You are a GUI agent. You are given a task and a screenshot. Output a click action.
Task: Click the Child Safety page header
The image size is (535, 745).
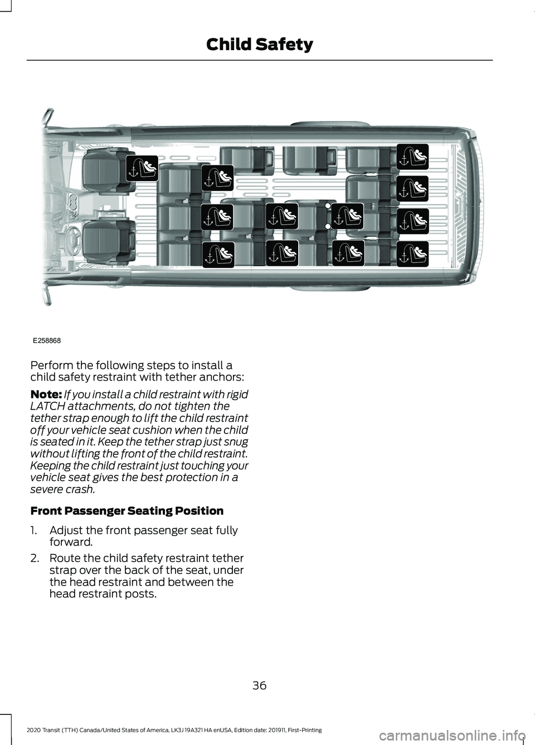(x=259, y=45)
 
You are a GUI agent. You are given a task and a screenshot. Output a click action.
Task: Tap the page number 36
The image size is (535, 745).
(x=259, y=685)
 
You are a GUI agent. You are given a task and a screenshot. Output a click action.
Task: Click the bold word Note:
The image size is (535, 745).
(x=46, y=395)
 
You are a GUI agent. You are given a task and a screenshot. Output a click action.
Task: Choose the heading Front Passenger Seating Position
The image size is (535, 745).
(x=127, y=510)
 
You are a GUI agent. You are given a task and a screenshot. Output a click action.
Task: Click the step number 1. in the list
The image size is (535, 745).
(x=35, y=530)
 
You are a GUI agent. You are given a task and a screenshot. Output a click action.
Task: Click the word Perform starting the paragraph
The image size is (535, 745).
(x=51, y=365)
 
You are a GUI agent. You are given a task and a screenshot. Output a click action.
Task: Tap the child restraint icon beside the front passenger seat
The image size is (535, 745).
(x=142, y=168)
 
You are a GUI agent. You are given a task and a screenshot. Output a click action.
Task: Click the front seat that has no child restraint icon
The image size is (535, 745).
(x=109, y=242)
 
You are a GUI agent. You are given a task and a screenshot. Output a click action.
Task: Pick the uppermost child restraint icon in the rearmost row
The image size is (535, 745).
(x=413, y=156)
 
